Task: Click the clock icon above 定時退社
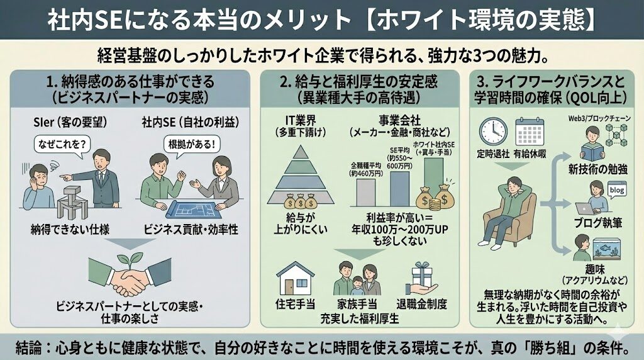(493, 130)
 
